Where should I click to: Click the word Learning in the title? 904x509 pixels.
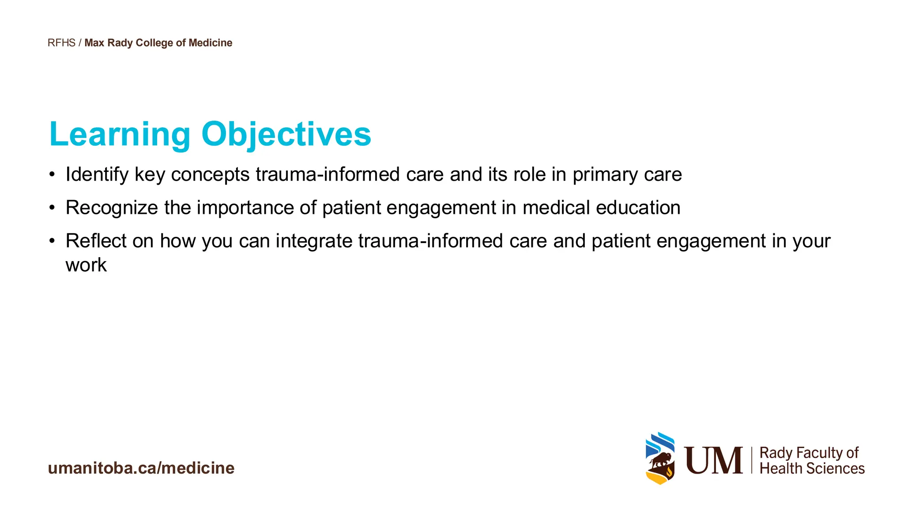pos(120,134)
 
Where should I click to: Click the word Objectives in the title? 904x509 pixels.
pos(286,134)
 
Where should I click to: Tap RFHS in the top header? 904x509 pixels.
pos(61,43)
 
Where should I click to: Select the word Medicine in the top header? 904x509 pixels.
pos(210,43)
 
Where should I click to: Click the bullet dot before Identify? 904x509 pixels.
pos(52,175)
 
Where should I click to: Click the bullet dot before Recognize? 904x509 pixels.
pos(52,208)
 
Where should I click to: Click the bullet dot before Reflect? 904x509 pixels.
pos(52,241)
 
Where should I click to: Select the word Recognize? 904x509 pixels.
pos(112,208)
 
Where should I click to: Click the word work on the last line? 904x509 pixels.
pos(86,265)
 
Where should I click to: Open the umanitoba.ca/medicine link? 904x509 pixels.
pos(141,468)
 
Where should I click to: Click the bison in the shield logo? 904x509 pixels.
pos(660,461)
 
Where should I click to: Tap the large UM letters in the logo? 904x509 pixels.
pos(713,460)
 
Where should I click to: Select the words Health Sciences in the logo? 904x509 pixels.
pos(812,469)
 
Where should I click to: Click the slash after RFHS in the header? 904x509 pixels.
pos(80,43)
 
